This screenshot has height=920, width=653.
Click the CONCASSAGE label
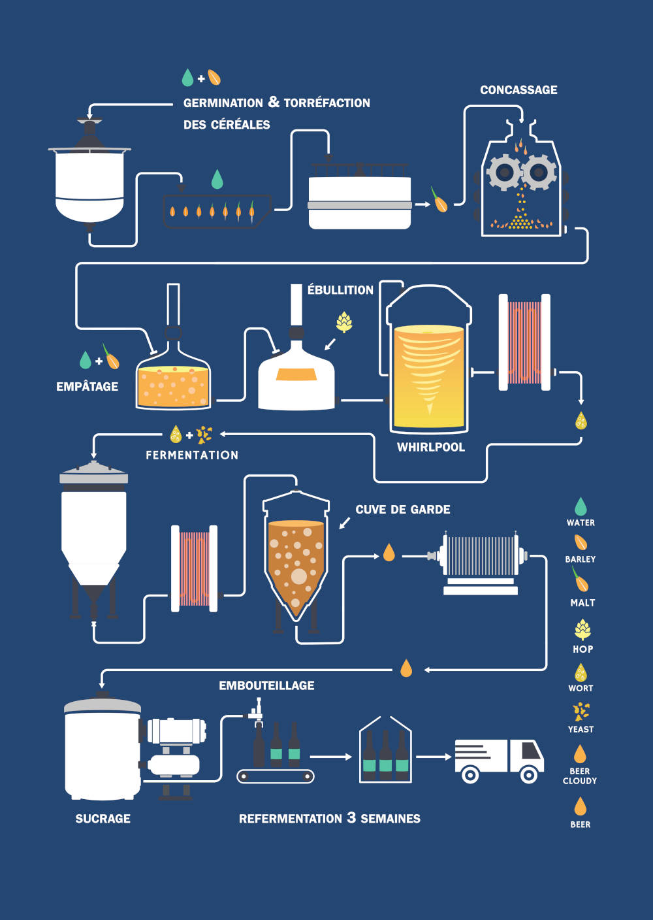click(518, 90)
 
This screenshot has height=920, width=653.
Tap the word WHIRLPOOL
click(431, 448)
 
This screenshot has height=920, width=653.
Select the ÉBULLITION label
click(340, 290)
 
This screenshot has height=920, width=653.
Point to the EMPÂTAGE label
click(87, 387)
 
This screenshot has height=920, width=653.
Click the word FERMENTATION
click(192, 455)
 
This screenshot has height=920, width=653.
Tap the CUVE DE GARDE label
click(403, 510)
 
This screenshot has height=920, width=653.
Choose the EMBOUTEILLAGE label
click(266, 685)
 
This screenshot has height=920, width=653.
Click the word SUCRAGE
click(103, 819)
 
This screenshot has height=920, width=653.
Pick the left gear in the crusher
click(504, 172)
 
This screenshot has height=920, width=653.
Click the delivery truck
click(499, 761)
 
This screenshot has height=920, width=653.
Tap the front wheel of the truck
click(529, 775)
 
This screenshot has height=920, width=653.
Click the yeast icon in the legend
click(581, 711)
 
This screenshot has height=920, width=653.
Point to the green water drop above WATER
click(581, 506)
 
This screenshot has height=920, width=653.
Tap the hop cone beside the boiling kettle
click(344, 321)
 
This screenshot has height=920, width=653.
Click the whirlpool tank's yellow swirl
click(429, 372)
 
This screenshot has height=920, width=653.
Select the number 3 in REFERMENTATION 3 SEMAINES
click(351, 817)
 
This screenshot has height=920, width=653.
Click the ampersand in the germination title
click(274, 102)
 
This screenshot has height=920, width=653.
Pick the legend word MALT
click(582, 603)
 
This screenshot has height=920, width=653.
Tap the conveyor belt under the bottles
click(275, 776)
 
